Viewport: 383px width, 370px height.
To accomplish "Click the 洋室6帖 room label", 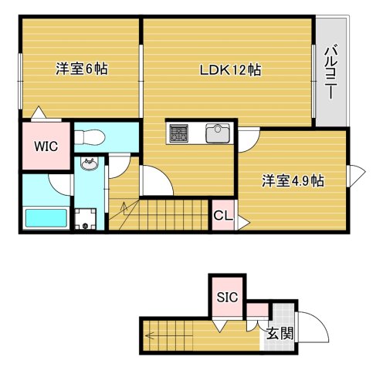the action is coord(82,69).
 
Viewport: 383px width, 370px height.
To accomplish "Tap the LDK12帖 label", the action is coord(231,70).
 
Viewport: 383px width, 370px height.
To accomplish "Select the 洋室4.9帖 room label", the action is coord(293,180).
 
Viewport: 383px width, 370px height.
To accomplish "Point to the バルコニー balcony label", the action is coord(330,72).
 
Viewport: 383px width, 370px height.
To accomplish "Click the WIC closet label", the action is coord(46,146).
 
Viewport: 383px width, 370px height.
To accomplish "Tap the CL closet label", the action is coord(223,216).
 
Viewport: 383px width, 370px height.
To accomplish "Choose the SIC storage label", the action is coord(227,298).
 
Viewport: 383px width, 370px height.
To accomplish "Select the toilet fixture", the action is coord(90,136).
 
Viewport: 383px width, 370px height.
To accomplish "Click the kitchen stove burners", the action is coord(178,133).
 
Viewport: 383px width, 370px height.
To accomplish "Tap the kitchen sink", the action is coord(218,133).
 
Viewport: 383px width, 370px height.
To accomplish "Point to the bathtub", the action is coord(46,218).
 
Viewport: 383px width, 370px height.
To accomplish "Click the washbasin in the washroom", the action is coord(90,163).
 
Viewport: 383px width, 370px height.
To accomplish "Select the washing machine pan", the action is coord(86,219).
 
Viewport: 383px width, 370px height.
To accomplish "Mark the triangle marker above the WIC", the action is coord(39,112).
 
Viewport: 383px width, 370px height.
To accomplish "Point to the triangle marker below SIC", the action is coord(220,326).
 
